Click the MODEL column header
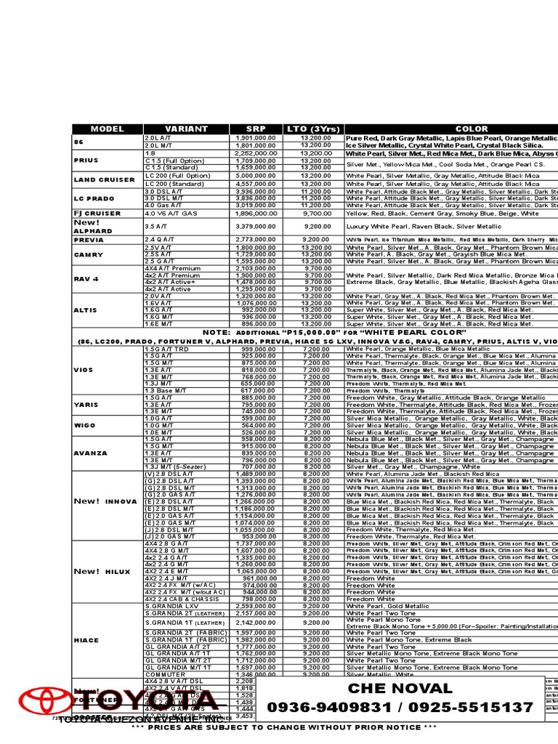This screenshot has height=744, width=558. (x=108, y=129)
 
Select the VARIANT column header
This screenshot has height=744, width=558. (x=186, y=129)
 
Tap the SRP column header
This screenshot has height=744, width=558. (x=256, y=129)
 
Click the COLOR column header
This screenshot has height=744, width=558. (x=472, y=129)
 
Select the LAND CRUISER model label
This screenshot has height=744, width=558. (x=105, y=179)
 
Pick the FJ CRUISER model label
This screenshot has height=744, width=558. (x=97, y=214)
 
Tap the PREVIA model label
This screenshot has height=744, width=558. (x=88, y=239)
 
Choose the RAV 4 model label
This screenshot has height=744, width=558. (x=86, y=278)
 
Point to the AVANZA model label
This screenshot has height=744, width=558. (x=90, y=453)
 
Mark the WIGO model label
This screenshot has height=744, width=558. (x=84, y=425)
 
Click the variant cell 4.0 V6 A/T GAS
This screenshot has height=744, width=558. (x=171, y=214)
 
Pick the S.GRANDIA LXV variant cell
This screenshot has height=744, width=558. (x=171, y=605)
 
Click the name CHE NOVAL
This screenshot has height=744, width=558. (x=400, y=688)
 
